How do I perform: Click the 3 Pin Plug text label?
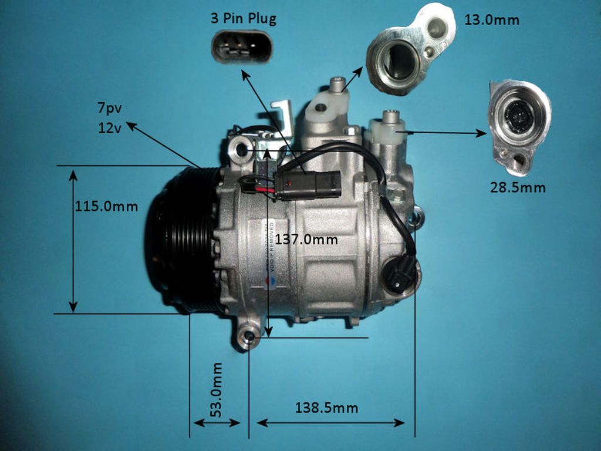pyautogui.click(x=243, y=18)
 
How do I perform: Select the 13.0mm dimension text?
pyautogui.click(x=491, y=19)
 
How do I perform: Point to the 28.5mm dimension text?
pyautogui.click(x=518, y=188)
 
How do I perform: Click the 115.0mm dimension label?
pyautogui.click(x=106, y=206)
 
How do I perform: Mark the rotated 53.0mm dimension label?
pyautogui.click(x=217, y=389)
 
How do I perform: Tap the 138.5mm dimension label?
pyautogui.click(x=326, y=408)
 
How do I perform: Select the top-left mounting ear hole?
pyautogui.click(x=241, y=149)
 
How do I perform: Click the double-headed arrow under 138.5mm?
pyautogui.click(x=331, y=422)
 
